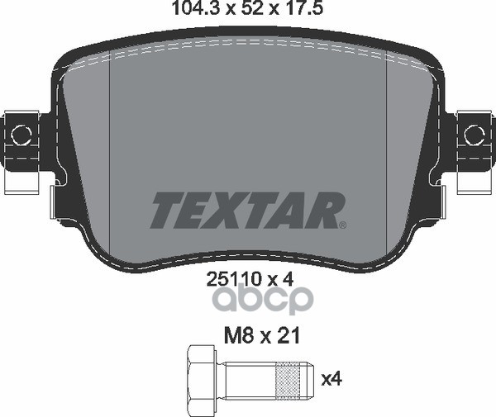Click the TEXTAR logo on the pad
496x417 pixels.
[x=246, y=211]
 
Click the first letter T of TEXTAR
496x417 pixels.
[x=164, y=211]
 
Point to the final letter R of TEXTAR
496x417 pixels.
[x=324, y=211]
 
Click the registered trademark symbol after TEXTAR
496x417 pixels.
[x=343, y=223]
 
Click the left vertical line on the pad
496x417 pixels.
[x=110, y=140]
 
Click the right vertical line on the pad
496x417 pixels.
[x=388, y=140]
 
